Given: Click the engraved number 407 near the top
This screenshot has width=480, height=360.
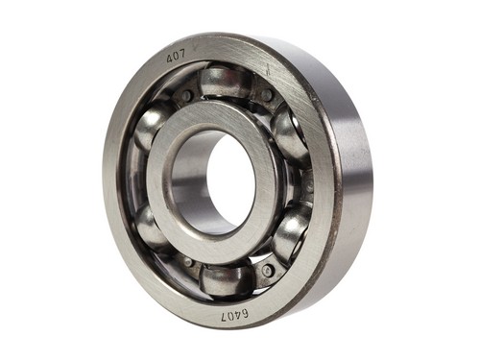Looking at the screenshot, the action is (x=176, y=58).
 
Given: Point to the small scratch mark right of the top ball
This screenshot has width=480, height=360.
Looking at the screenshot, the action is (x=268, y=69).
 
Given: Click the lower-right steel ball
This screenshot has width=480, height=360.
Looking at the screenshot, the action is (x=292, y=229).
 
